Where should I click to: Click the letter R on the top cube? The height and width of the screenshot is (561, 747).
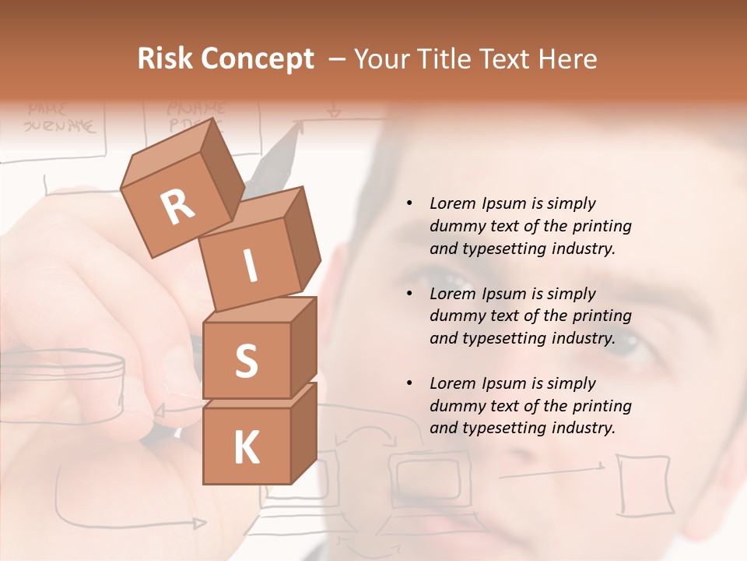click(x=177, y=207)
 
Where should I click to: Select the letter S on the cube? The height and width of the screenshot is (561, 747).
click(x=246, y=361)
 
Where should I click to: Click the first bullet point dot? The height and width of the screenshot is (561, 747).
click(x=409, y=204)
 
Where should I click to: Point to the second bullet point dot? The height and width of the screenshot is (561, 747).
click(x=409, y=295)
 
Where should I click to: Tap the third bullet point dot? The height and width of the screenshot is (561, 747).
click(x=409, y=384)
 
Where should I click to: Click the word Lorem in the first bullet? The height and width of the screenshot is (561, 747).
click(x=450, y=203)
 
